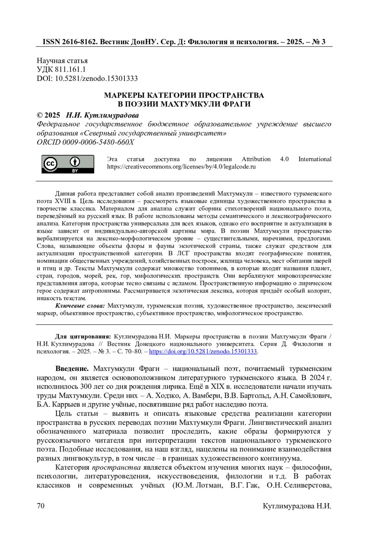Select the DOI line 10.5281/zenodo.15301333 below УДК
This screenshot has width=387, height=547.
point(96,78)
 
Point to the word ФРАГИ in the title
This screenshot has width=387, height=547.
point(238,104)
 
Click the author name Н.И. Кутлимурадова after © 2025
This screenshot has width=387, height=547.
point(102,115)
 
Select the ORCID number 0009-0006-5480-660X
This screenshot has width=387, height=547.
point(98,142)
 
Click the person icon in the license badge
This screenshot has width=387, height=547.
point(75,161)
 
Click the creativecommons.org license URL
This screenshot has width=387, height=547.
point(181,167)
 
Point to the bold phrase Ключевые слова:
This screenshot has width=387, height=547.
point(80,306)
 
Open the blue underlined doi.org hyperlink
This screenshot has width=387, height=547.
point(203,351)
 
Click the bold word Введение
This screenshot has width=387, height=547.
point(72,368)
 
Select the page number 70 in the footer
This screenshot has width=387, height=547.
point(41,506)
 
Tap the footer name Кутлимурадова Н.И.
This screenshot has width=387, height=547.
point(297,506)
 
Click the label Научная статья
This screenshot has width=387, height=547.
point(62,61)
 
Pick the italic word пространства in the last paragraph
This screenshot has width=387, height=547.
point(116,467)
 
